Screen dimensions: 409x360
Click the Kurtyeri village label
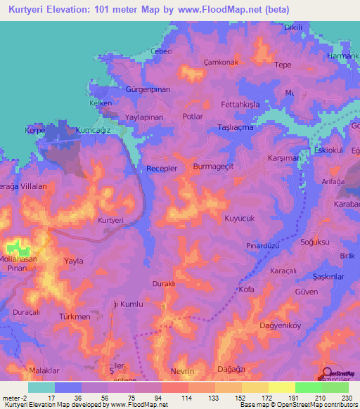[110, 220]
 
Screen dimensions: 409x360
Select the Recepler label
[162, 169]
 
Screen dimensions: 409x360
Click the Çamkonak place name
[221, 61]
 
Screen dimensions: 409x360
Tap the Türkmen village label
[75, 317]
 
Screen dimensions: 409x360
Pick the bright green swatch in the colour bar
[308, 387]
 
